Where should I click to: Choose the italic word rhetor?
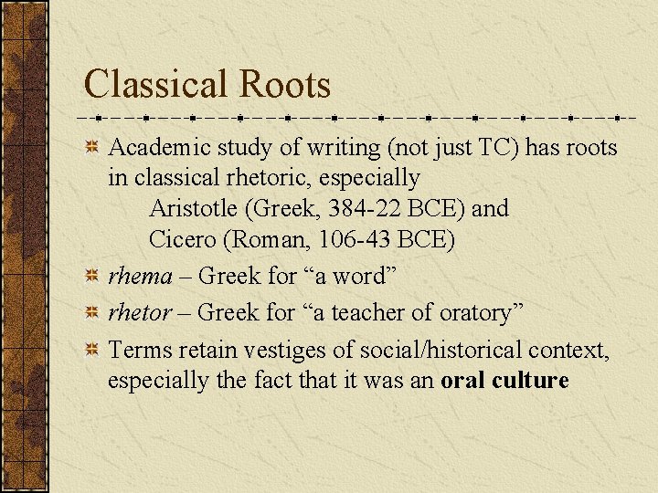(140, 313)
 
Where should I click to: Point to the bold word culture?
(530, 380)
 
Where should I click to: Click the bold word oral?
(462, 380)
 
